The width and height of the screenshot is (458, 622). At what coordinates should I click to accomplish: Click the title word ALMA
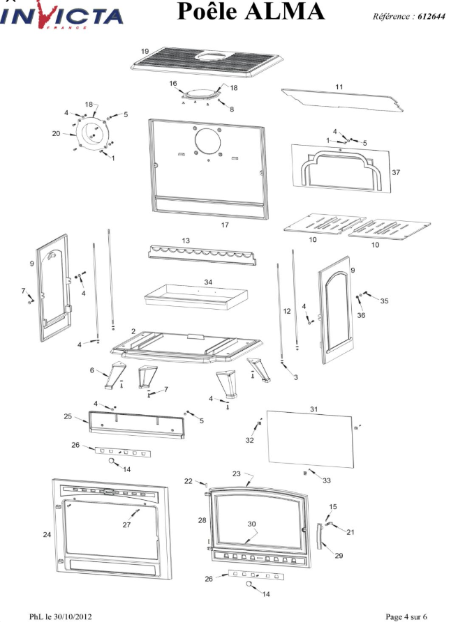pos(287,13)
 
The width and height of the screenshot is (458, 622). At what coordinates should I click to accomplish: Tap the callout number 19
pos(145,52)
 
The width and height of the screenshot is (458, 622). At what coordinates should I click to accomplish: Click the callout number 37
pos(395,172)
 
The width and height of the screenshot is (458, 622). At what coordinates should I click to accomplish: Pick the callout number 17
pos(225,225)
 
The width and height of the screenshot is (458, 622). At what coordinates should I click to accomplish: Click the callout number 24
pos(47,535)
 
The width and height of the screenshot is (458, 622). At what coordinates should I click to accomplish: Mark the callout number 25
pos(68,416)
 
